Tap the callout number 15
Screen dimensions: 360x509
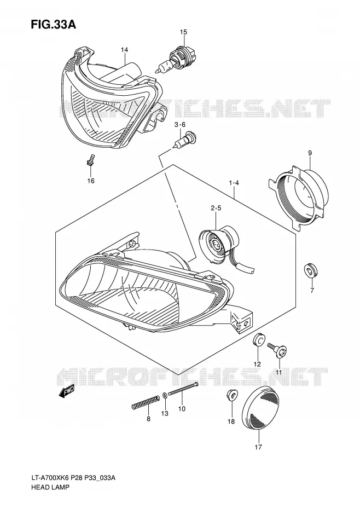pos(183,32)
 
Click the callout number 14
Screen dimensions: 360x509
pos(125,50)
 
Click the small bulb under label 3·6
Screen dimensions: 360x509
pos(184,140)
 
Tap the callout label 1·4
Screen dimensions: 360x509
pos(234,183)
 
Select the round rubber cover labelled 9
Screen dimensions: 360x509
pos(298,198)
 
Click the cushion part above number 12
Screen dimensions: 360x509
pos(258,340)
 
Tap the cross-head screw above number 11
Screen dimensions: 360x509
pos(277,350)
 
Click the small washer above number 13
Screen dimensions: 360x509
pos(165,395)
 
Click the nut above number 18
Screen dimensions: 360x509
pos(232,395)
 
